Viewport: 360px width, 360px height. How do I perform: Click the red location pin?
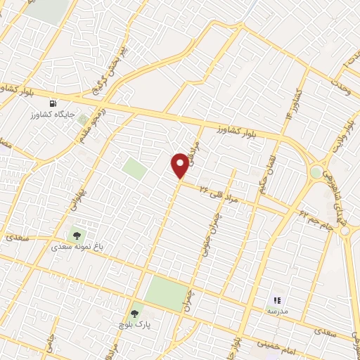pyautogui.click(x=181, y=165)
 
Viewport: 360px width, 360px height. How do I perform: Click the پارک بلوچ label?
pyautogui.click(x=134, y=325)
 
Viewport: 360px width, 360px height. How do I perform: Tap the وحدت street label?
pyautogui.click(x=348, y=75)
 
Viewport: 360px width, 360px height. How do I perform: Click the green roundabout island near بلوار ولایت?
pyautogui.click(x=316, y=172)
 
